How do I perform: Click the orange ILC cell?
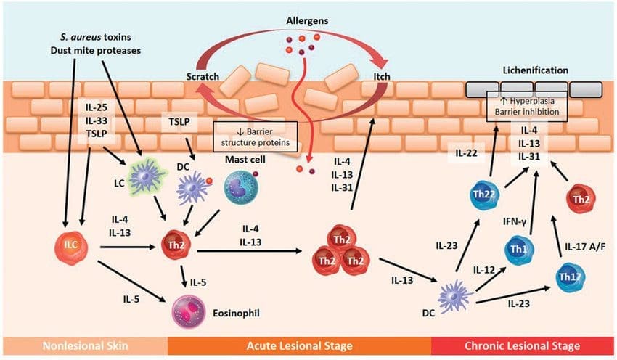pyautogui.click(x=71, y=247)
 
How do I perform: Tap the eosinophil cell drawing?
pyautogui.click(x=189, y=311)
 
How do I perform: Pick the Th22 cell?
pyautogui.click(x=485, y=195)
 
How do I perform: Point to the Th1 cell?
pyautogui.click(x=519, y=250)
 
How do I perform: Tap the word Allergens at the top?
pyautogui.click(x=307, y=20)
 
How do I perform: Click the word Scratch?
pyautogui.click(x=203, y=76)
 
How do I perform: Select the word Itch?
pyautogui.click(x=382, y=76)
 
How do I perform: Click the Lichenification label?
pyautogui.click(x=536, y=70)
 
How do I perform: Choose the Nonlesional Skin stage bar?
pyautogui.click(x=86, y=345)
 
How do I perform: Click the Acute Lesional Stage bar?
pyautogui.click(x=300, y=345)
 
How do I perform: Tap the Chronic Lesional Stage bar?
pyautogui.click(x=523, y=345)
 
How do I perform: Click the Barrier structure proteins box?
pyautogui.click(x=256, y=136)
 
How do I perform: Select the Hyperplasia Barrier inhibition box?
pyautogui.click(x=527, y=106)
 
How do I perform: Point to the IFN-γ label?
pyautogui.click(x=515, y=222)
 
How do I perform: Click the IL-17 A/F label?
pyautogui.click(x=585, y=247)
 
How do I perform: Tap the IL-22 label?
pyautogui.click(x=466, y=153)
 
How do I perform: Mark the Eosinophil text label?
pyautogui.click(x=236, y=313)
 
